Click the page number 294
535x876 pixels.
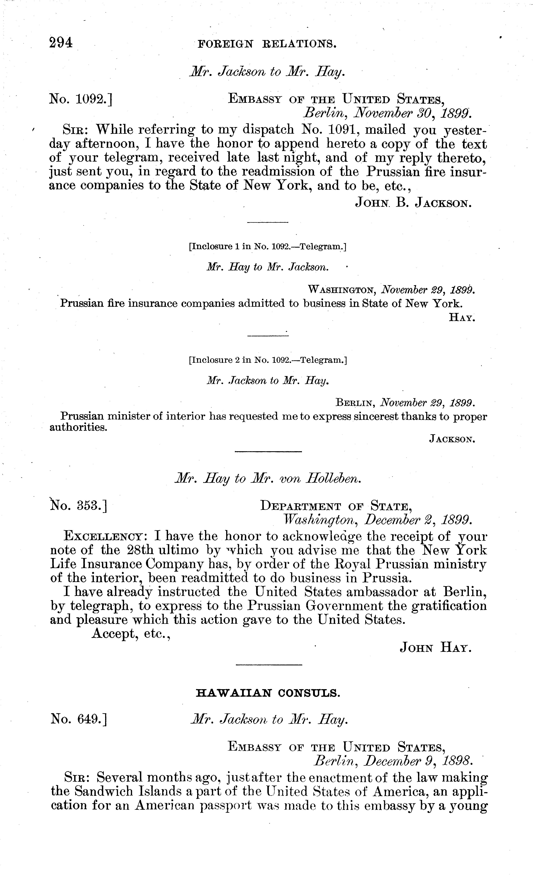[61, 43]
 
